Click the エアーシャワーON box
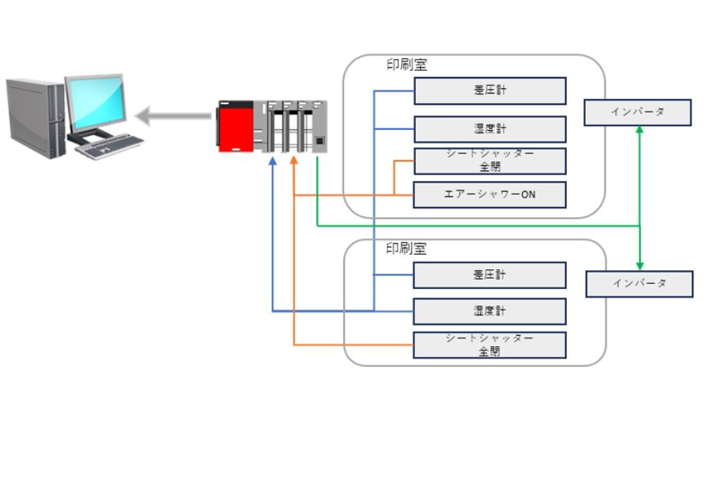tap(489, 194)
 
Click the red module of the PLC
tap(236, 128)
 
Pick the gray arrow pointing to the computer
tap(172, 115)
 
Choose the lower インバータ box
tap(639, 284)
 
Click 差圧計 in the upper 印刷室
tap(489, 91)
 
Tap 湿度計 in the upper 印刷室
tap(489, 129)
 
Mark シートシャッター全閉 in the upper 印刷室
tap(489, 161)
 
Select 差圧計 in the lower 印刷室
tap(489, 275)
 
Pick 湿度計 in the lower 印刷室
tap(489, 311)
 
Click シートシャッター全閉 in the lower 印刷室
tap(489, 344)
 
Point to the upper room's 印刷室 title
tap(406, 65)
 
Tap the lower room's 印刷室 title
tap(406, 249)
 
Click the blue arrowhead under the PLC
tap(272, 161)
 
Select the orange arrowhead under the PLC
tap(294, 161)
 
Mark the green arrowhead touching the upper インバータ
tap(640, 132)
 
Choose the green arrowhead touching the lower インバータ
tap(640, 265)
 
